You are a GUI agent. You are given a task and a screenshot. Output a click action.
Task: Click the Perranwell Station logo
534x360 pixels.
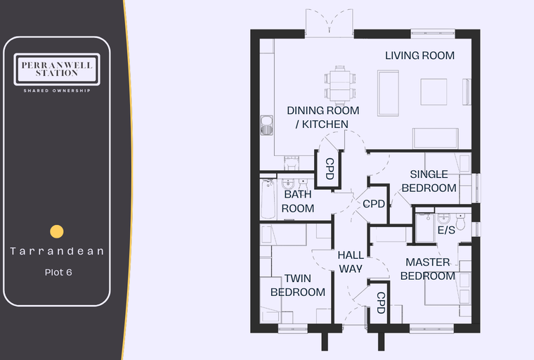click(57, 69)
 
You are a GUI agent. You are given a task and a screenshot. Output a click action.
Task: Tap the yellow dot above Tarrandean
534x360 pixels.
click(57, 231)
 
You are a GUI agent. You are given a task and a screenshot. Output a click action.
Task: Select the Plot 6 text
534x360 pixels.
click(58, 272)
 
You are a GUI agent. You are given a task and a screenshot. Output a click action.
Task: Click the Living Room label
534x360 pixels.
click(419, 56)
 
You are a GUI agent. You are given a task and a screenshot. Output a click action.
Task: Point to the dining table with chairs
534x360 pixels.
click(339, 85)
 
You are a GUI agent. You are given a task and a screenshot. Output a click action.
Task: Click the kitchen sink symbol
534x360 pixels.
click(267, 125)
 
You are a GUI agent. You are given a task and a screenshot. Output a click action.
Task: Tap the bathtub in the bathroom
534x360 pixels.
click(268, 199)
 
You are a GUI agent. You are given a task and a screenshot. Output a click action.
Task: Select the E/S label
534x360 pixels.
click(446, 230)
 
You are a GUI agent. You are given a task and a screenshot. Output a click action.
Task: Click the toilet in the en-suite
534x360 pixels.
click(460, 221)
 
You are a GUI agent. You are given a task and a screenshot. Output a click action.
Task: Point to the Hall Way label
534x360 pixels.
click(351, 262)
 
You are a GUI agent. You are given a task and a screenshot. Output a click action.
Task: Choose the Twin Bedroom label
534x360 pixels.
click(298, 285)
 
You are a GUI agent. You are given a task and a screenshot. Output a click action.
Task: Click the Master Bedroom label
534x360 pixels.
click(428, 269)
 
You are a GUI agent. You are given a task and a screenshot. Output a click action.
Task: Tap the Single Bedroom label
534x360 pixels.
click(429, 181)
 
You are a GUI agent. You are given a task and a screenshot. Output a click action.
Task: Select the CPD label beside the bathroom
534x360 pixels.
click(330, 169)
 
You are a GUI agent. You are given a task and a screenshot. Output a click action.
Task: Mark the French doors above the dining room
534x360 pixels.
click(330, 22)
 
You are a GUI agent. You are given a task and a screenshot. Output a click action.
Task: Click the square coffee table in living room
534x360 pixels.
click(434, 92)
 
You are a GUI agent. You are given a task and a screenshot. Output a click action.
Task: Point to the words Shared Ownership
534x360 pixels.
click(57, 91)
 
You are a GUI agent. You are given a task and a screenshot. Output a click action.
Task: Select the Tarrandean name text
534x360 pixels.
click(57, 251)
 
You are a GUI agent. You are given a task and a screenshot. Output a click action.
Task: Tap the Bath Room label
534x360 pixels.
click(298, 201)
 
